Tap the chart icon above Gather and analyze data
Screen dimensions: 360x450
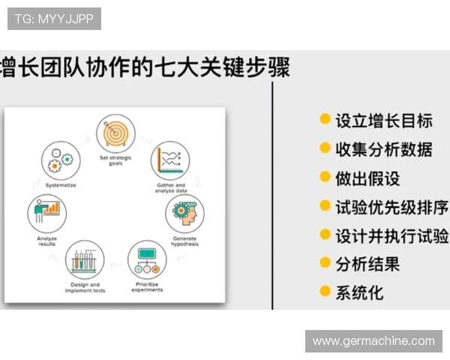tap(170, 159)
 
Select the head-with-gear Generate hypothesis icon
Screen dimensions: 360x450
tap(184, 214)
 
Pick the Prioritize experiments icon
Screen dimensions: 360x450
tap(148, 259)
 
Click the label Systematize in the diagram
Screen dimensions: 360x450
tap(60, 184)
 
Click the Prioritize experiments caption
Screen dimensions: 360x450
tap(148, 287)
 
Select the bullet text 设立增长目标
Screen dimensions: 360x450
tap(383, 120)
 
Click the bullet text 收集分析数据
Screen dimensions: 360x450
tap(383, 148)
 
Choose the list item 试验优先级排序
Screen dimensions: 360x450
tap(391, 206)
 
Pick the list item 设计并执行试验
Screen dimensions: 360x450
tap(391, 235)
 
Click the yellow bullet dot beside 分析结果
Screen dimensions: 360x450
tap(325, 262)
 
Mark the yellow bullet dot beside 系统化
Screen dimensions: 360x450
tap(325, 291)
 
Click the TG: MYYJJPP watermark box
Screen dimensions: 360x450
tap(54, 19)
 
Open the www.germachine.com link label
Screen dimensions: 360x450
tap(373, 340)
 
